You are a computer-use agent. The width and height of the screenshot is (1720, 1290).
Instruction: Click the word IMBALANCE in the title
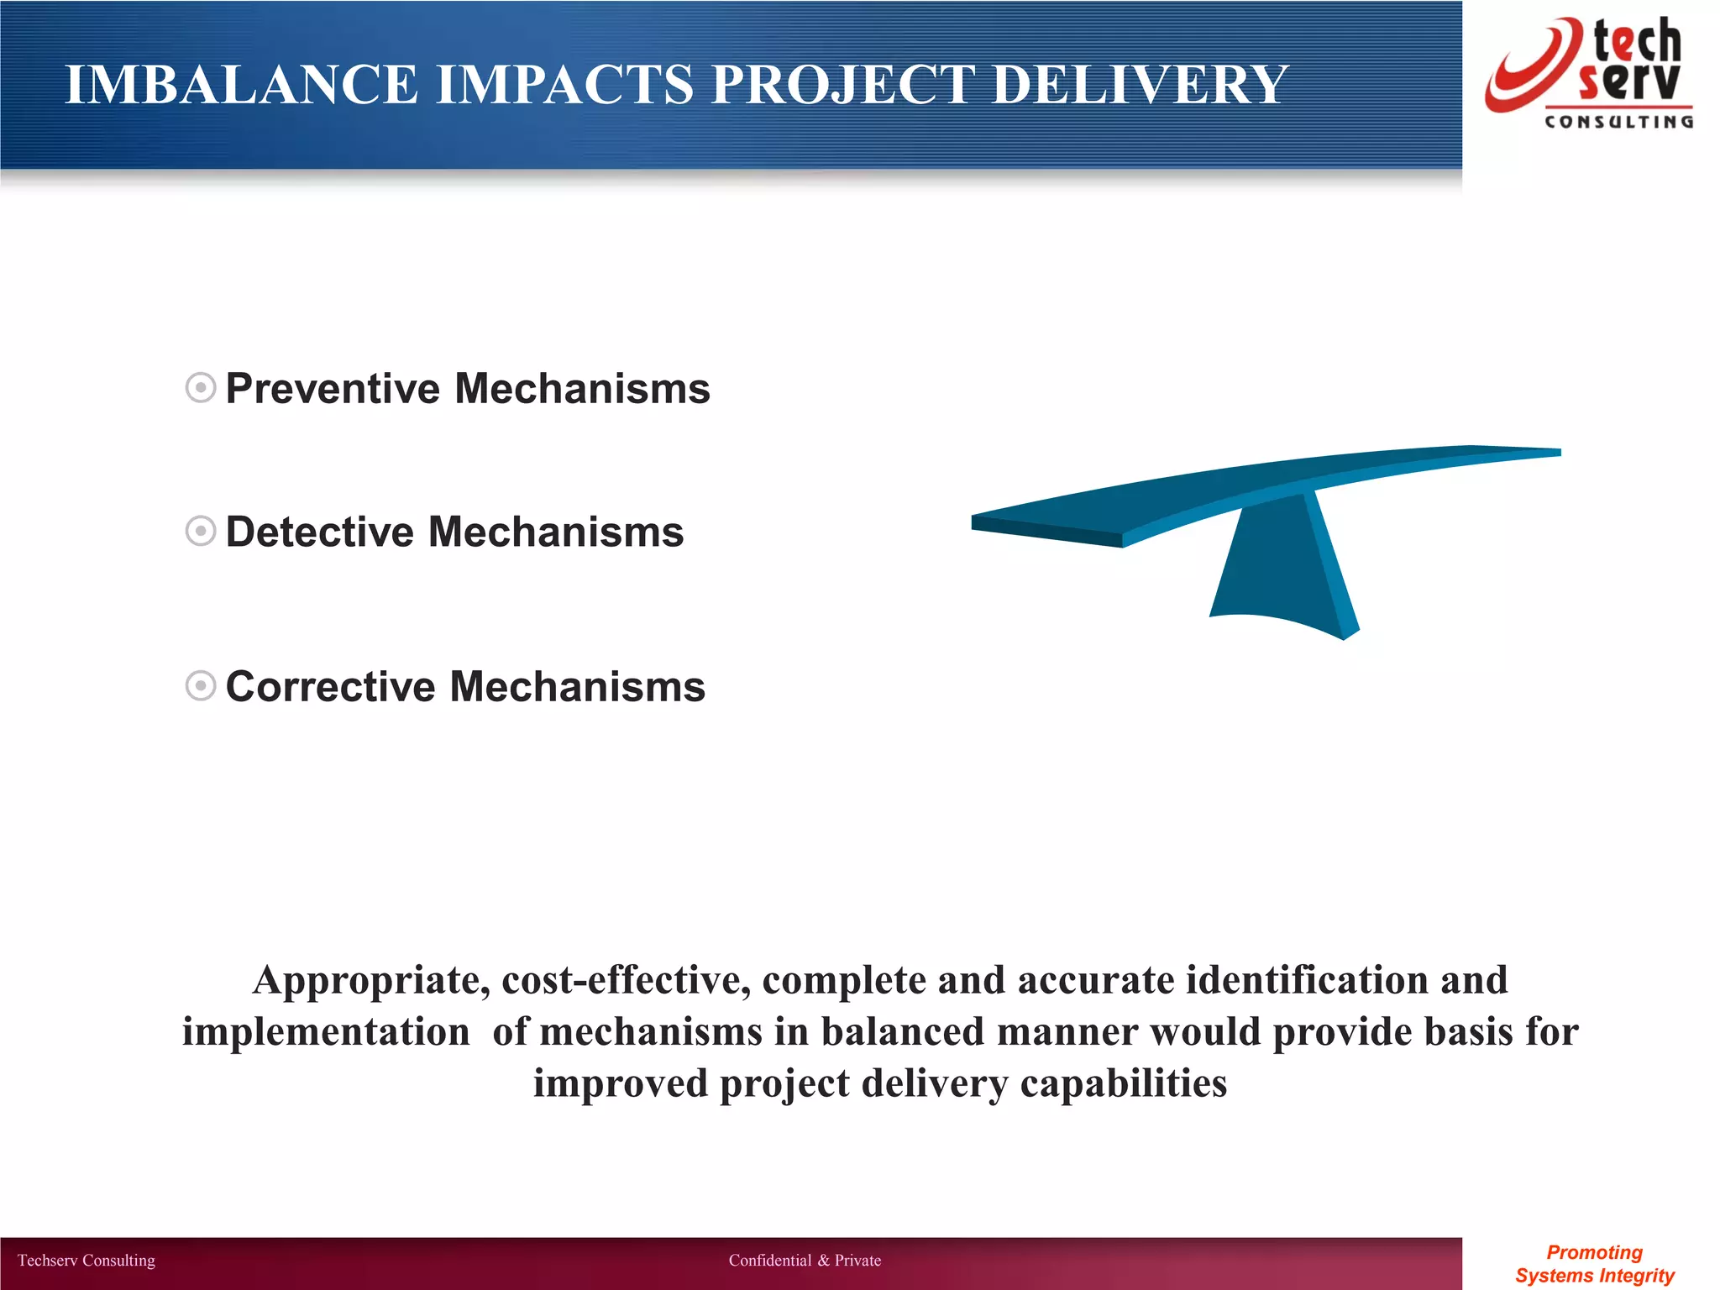click(x=241, y=85)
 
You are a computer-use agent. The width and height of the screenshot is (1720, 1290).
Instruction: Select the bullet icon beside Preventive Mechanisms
click(x=201, y=388)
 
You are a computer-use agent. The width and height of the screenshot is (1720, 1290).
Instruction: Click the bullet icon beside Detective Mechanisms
click(x=201, y=531)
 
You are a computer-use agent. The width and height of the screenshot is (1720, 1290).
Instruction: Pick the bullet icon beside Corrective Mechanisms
click(x=201, y=685)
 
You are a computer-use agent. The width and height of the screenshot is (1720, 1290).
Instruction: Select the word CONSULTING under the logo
click(x=1618, y=123)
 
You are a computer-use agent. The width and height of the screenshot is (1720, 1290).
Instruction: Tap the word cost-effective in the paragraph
click(x=626, y=981)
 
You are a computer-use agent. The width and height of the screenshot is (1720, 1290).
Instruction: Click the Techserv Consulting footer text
click(x=87, y=1261)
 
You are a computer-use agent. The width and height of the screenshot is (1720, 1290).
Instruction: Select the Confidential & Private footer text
click(x=805, y=1261)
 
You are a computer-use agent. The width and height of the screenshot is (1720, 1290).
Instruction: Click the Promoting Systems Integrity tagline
click(x=1594, y=1264)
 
